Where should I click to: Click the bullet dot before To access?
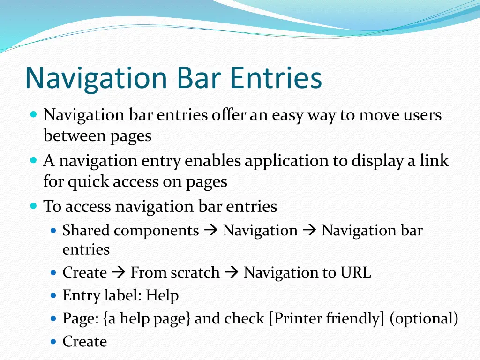click(33, 206)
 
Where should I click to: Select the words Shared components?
click(131, 231)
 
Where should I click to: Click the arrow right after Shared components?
click(211, 231)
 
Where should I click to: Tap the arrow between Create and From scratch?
click(119, 272)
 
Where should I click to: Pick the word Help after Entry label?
click(162, 296)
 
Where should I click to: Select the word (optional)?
click(424, 319)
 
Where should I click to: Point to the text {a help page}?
click(147, 319)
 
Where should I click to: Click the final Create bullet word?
click(85, 342)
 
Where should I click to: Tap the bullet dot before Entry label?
click(53, 296)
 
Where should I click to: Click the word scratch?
click(197, 272)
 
